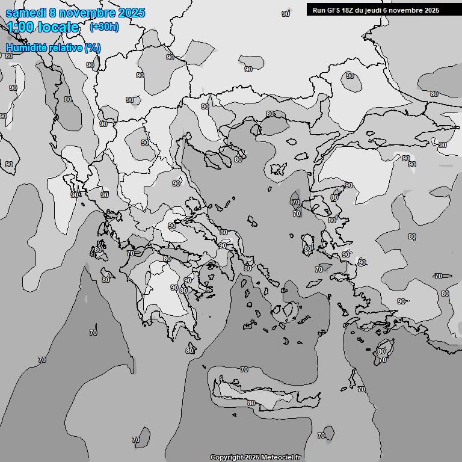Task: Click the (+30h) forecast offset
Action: (104, 27)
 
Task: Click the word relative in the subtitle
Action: (63, 48)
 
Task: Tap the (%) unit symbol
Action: (93, 48)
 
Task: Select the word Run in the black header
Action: (319, 10)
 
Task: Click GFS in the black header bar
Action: (333, 10)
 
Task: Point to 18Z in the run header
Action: (350, 10)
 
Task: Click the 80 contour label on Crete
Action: (251, 403)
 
